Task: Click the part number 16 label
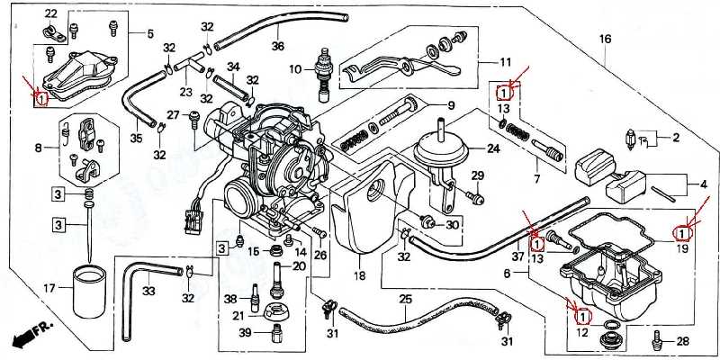pyautogui.click(x=605, y=40)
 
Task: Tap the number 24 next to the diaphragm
pyautogui.click(x=493, y=148)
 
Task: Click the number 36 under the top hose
pyautogui.click(x=277, y=47)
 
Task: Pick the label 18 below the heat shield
pyautogui.click(x=359, y=275)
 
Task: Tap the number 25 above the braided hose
pyautogui.click(x=406, y=298)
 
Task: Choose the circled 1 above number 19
pyautogui.click(x=682, y=234)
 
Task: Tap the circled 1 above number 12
pyautogui.click(x=582, y=317)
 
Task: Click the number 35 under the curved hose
pyautogui.click(x=136, y=138)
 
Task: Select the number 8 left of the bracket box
pyautogui.click(x=39, y=147)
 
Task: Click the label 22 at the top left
pyautogui.click(x=50, y=13)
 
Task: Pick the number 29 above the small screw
pyautogui.click(x=478, y=175)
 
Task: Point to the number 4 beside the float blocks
pyautogui.click(x=704, y=186)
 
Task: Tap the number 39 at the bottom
pyautogui.click(x=231, y=332)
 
